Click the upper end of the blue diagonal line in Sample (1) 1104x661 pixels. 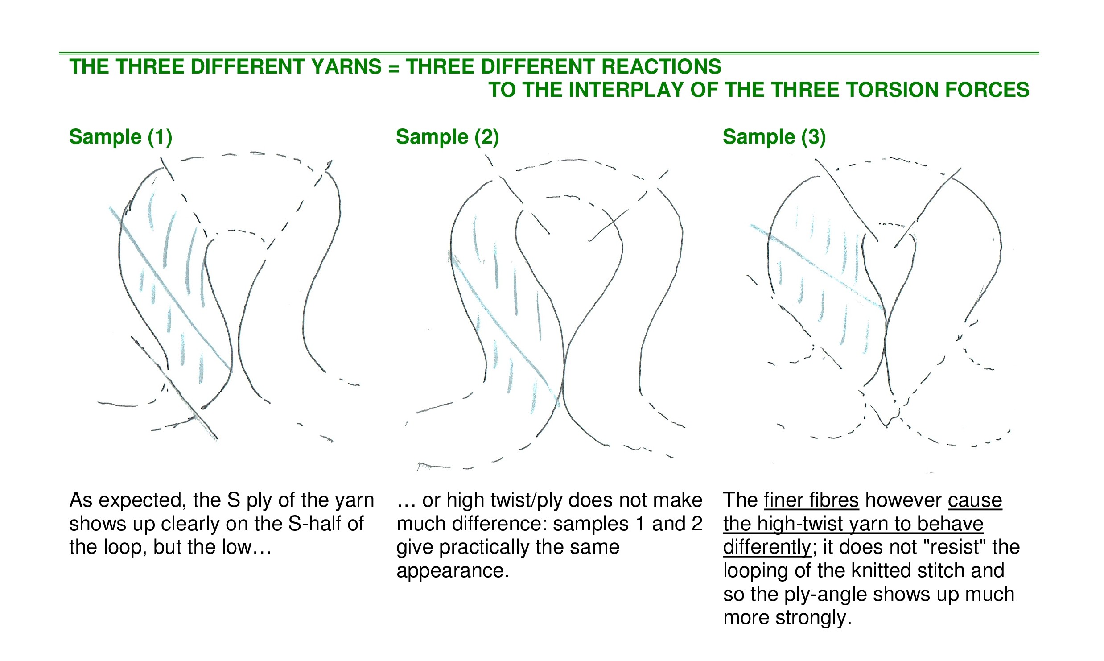pos(110,207)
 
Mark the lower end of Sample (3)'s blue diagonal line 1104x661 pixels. pos(883,308)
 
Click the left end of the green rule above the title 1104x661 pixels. pos(59,53)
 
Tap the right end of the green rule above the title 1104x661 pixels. pos(1039,53)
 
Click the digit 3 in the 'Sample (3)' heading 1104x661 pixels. pos(814,136)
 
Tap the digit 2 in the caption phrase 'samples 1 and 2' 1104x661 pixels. pos(696,524)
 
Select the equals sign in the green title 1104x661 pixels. pos(393,68)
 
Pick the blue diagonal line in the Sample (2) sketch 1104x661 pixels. pos(504,330)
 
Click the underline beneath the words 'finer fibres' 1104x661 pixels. pos(811,509)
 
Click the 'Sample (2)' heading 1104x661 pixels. pos(447,136)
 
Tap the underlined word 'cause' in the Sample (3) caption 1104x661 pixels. pos(975,500)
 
